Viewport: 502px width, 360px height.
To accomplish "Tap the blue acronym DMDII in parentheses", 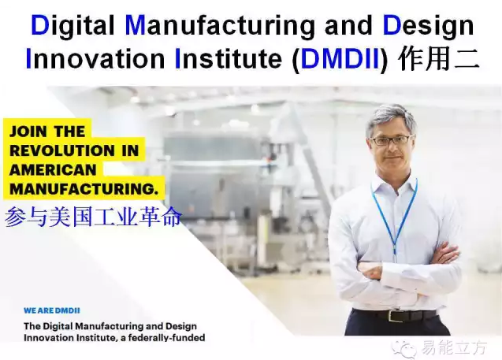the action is click(x=340, y=59).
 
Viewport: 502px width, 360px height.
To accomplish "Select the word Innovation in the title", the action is click(x=95, y=59).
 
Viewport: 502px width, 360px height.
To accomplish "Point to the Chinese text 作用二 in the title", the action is click(x=439, y=58).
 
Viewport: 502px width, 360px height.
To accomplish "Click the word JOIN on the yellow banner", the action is click(x=28, y=132).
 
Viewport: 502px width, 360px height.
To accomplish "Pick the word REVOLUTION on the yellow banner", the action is click(x=62, y=150).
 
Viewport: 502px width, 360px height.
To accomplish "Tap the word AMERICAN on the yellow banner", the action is click(x=53, y=169).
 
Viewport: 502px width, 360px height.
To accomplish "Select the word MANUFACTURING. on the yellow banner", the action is click(x=84, y=189).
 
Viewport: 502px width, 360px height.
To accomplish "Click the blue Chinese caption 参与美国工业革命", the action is click(x=93, y=217).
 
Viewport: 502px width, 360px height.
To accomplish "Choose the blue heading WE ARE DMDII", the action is click(x=52, y=310).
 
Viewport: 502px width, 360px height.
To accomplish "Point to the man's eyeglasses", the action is click(x=391, y=140).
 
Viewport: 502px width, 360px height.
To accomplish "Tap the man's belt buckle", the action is click(x=394, y=316).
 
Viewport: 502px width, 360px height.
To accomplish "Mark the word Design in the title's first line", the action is click(x=428, y=26).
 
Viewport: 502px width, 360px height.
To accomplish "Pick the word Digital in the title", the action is click(x=73, y=26).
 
